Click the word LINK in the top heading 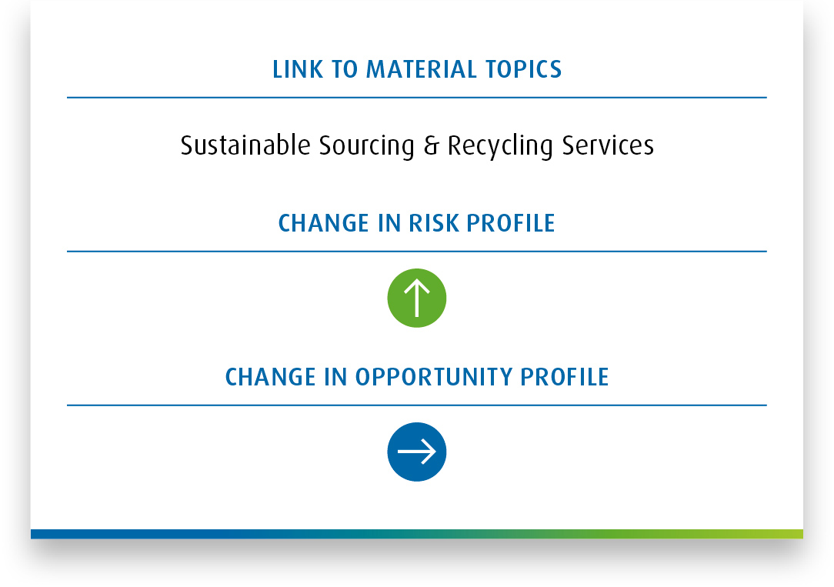point(297,70)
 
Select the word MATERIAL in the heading point(422,70)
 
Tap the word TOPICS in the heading point(523,70)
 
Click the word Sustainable point(245,145)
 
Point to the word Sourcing point(366,146)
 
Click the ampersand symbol point(432,145)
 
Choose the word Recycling point(500,146)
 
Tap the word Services point(608,145)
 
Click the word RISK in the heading point(434,223)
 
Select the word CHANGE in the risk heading point(323,223)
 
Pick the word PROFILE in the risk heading point(511,223)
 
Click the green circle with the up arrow point(417,298)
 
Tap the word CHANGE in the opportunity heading point(270,377)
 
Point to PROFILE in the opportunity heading point(564,377)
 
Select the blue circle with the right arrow point(417,452)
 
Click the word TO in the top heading point(345,70)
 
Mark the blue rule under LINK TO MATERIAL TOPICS point(417,97)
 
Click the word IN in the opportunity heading point(335,377)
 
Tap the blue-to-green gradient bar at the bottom point(417,534)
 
